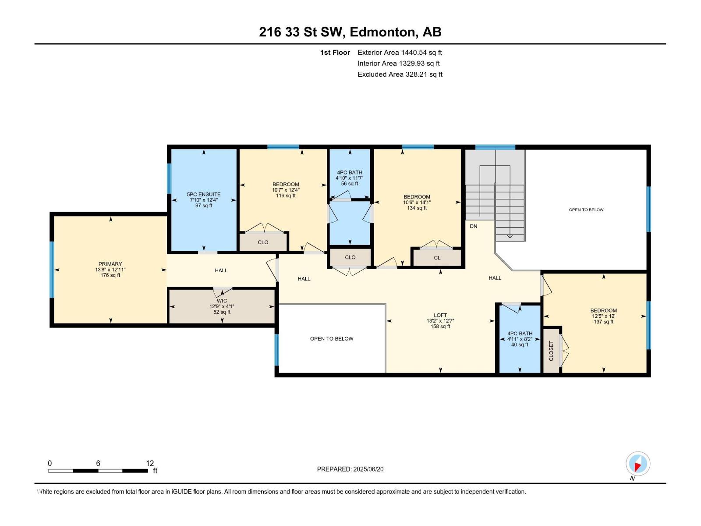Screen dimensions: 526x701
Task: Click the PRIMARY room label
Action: (110, 264)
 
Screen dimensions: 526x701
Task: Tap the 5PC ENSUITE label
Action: (204, 194)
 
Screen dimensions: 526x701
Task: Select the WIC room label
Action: (222, 301)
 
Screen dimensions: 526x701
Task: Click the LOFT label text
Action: (440, 315)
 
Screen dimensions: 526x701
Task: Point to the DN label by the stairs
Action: (474, 226)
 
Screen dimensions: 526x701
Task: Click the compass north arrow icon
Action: (637, 464)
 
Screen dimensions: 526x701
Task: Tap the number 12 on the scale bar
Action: (150, 463)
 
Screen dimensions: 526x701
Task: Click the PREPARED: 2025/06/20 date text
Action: (350, 469)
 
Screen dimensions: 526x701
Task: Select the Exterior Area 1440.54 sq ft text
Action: (400, 52)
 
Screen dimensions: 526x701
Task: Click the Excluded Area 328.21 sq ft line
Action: (400, 74)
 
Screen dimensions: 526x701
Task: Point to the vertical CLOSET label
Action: (551, 351)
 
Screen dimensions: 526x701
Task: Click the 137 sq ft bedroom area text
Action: (603, 322)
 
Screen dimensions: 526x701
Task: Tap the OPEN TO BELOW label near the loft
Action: (332, 338)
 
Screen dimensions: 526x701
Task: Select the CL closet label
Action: (437, 258)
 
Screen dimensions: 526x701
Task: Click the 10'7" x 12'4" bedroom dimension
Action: (286, 190)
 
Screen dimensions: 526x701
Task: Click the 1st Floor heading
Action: (335, 52)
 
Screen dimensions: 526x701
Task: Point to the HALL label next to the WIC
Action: (221, 270)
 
